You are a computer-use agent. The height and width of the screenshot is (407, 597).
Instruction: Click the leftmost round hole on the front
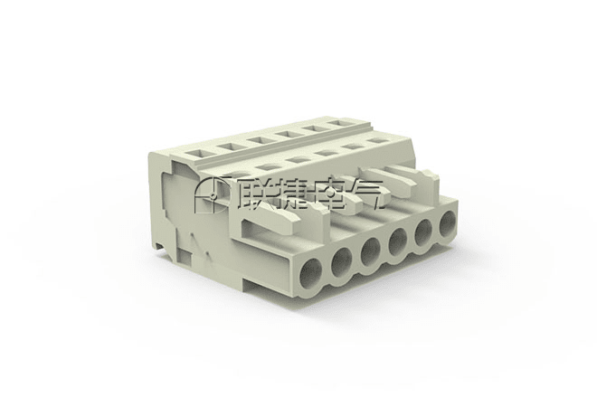311,272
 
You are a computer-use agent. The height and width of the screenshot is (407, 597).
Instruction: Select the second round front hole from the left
342,262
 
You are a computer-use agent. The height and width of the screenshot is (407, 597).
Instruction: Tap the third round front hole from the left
371,252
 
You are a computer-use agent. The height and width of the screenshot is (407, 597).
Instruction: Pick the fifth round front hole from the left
423,233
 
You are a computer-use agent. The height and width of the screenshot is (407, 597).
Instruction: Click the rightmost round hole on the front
448,224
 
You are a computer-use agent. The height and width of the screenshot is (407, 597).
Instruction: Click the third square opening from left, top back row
258,139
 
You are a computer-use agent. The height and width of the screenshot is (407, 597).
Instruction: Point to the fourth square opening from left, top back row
286,134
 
